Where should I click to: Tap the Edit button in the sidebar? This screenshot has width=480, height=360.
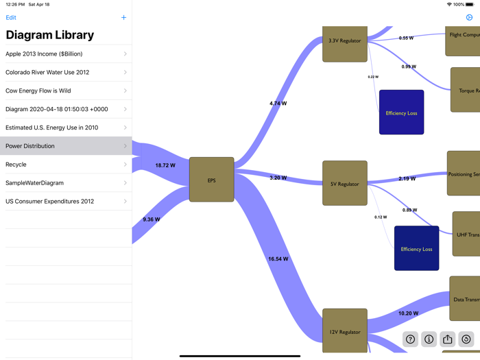click(x=11, y=18)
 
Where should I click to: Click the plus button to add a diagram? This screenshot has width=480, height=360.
click(x=123, y=18)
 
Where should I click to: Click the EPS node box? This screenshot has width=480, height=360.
click(x=211, y=180)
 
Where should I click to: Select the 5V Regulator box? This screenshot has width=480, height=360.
click(x=345, y=183)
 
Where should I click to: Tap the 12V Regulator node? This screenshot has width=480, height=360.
click(x=345, y=331)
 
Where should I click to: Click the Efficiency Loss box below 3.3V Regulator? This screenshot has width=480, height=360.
click(x=401, y=112)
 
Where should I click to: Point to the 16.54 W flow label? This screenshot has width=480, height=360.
click(x=278, y=259)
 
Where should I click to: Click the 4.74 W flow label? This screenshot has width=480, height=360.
click(x=278, y=104)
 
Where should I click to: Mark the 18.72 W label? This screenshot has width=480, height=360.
click(x=165, y=165)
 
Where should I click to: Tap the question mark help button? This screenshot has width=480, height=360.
click(x=410, y=339)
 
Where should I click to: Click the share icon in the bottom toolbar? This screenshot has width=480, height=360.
click(x=447, y=339)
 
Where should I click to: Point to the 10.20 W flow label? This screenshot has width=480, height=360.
click(x=408, y=313)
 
